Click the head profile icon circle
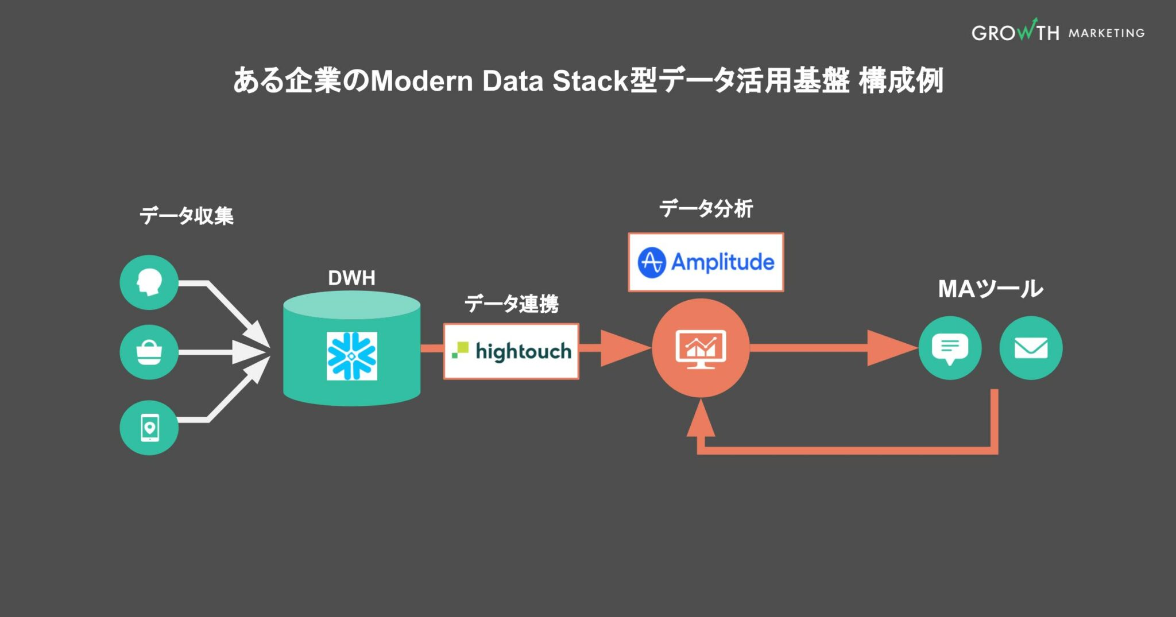pyautogui.click(x=149, y=282)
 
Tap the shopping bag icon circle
pyautogui.click(x=149, y=352)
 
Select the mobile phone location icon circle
pyautogui.click(x=149, y=428)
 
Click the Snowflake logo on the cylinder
pyautogui.click(x=351, y=356)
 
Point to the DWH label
pyautogui.click(x=351, y=278)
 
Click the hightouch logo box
pyautogui.click(x=511, y=351)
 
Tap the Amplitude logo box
pyautogui.click(x=706, y=262)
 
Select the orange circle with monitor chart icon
pyautogui.click(x=701, y=348)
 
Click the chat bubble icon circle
pyautogui.click(x=950, y=348)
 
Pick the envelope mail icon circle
pyautogui.click(x=1031, y=348)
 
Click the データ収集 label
pyautogui.click(x=187, y=216)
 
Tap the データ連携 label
pyautogui.click(x=511, y=303)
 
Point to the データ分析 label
pyautogui.click(x=706, y=208)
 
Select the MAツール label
pyautogui.click(x=990, y=289)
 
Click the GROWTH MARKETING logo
pyautogui.click(x=1058, y=32)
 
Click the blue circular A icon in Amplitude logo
pyautogui.click(x=652, y=263)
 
